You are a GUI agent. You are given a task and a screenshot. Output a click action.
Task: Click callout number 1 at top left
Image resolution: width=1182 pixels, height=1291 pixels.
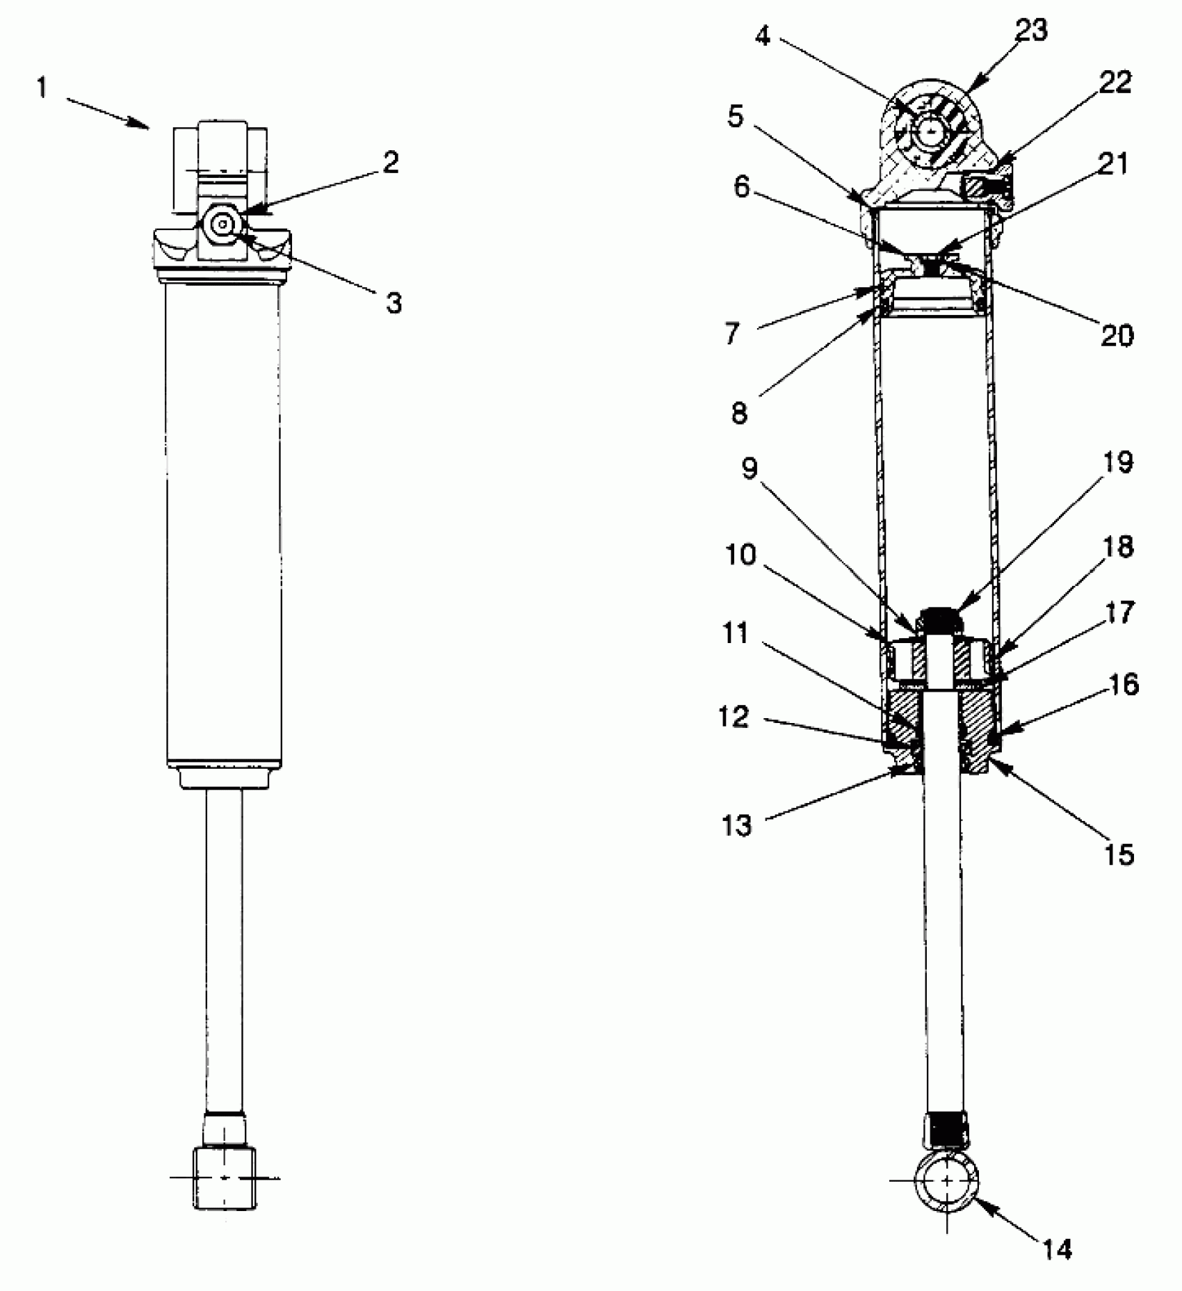click(43, 88)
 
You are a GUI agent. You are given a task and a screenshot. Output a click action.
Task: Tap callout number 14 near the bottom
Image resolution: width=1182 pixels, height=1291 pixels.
click(1056, 1249)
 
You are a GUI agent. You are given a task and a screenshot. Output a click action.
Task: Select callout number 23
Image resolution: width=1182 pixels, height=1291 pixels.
click(1031, 30)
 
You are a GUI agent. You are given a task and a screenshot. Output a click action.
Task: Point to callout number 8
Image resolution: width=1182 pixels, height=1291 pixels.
click(739, 413)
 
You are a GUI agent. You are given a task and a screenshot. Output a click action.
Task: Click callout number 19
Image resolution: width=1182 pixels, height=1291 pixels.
click(1118, 462)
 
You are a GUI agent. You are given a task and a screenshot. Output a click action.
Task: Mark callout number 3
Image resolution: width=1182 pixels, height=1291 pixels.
click(394, 303)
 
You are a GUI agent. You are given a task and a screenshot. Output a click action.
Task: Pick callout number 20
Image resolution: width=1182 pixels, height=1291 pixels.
click(1117, 335)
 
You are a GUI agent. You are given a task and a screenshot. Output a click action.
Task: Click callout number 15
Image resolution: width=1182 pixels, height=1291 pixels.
click(1119, 854)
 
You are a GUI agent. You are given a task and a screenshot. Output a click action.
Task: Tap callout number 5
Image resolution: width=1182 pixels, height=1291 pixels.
click(736, 116)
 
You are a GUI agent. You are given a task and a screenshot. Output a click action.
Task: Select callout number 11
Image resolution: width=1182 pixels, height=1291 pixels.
click(735, 633)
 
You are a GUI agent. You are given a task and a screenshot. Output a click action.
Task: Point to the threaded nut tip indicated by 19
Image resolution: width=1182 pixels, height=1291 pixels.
click(939, 616)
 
